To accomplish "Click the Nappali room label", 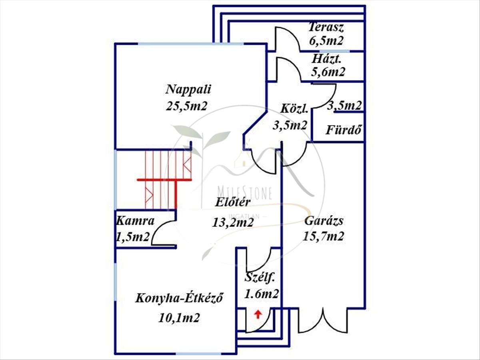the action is click(188, 90).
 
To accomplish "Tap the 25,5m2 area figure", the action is click(186, 106).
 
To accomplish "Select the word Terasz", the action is click(326, 27).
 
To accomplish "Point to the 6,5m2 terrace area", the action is click(326, 40).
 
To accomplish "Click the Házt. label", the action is click(327, 59).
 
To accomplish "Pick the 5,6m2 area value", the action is click(328, 72).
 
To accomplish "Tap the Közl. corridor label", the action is click(294, 109).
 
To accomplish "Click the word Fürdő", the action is click(343, 130).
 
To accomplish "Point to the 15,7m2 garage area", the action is click(324, 236).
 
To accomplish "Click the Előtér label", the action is click(233, 202).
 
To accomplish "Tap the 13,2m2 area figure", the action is click(233, 223).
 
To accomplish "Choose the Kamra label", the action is click(135, 221).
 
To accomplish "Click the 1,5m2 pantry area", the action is click(132, 237).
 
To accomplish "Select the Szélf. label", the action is click(259, 278).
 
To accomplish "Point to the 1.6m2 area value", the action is click(261, 294).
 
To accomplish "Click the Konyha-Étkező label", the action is click(179, 298).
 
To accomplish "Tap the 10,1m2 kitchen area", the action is click(179, 318).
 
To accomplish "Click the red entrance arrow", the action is click(258, 314).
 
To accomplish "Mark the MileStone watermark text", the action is click(244, 194).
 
